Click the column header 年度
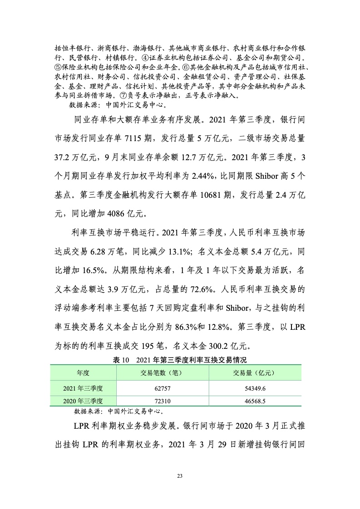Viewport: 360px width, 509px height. click(x=83, y=373)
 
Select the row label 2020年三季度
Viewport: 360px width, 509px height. click(x=83, y=401)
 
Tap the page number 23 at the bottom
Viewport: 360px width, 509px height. click(x=180, y=475)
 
